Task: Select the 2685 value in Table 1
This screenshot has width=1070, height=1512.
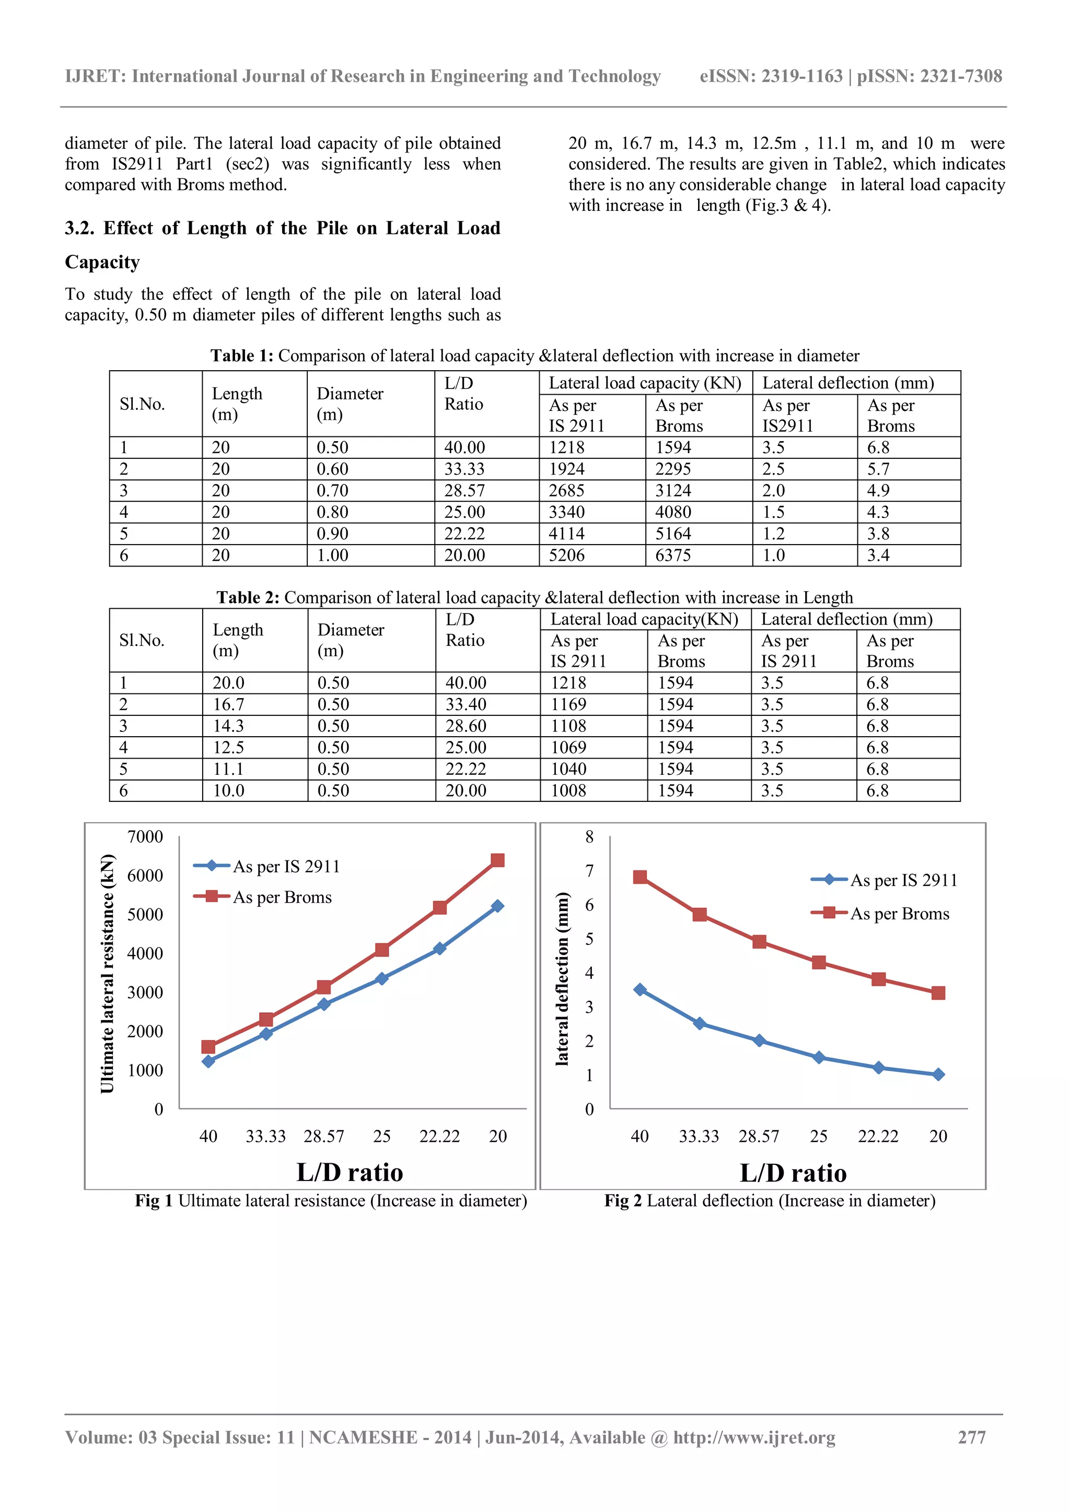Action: pos(567,491)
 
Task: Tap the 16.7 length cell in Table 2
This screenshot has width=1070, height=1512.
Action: pos(229,705)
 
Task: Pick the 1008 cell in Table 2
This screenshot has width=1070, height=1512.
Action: pos(568,790)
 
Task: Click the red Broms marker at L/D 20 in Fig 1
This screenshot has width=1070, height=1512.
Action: pos(497,861)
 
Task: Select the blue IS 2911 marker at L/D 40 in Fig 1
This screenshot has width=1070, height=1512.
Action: pos(208,1061)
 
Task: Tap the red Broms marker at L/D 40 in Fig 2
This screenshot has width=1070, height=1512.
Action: pos(640,877)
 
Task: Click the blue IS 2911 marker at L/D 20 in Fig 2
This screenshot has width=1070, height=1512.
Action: pos(938,1074)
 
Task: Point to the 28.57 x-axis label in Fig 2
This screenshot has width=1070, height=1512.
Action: pos(759,1136)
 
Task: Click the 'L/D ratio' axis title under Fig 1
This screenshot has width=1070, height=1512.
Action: pos(350,1173)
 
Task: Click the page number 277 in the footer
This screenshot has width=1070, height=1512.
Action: pos(972,1437)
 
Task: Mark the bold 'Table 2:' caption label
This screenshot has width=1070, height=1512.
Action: pos(248,597)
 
